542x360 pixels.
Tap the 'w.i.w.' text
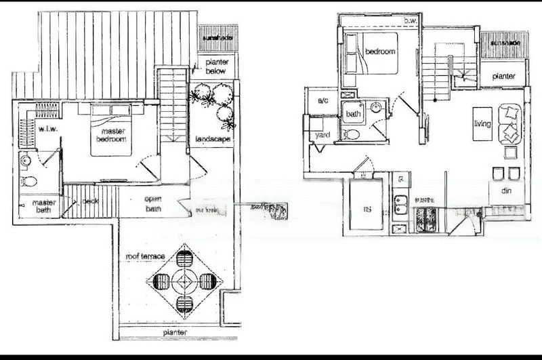pyautogui.click(x=47, y=128)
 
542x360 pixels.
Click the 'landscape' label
pyautogui.click(x=213, y=139)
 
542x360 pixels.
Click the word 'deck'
pyautogui.click(x=91, y=201)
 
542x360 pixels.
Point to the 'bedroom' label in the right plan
pyautogui.click(x=379, y=52)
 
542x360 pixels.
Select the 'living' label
pyautogui.click(x=483, y=123)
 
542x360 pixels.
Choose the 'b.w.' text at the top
pyautogui.click(x=409, y=21)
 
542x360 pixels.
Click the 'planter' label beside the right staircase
pyautogui.click(x=503, y=77)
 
